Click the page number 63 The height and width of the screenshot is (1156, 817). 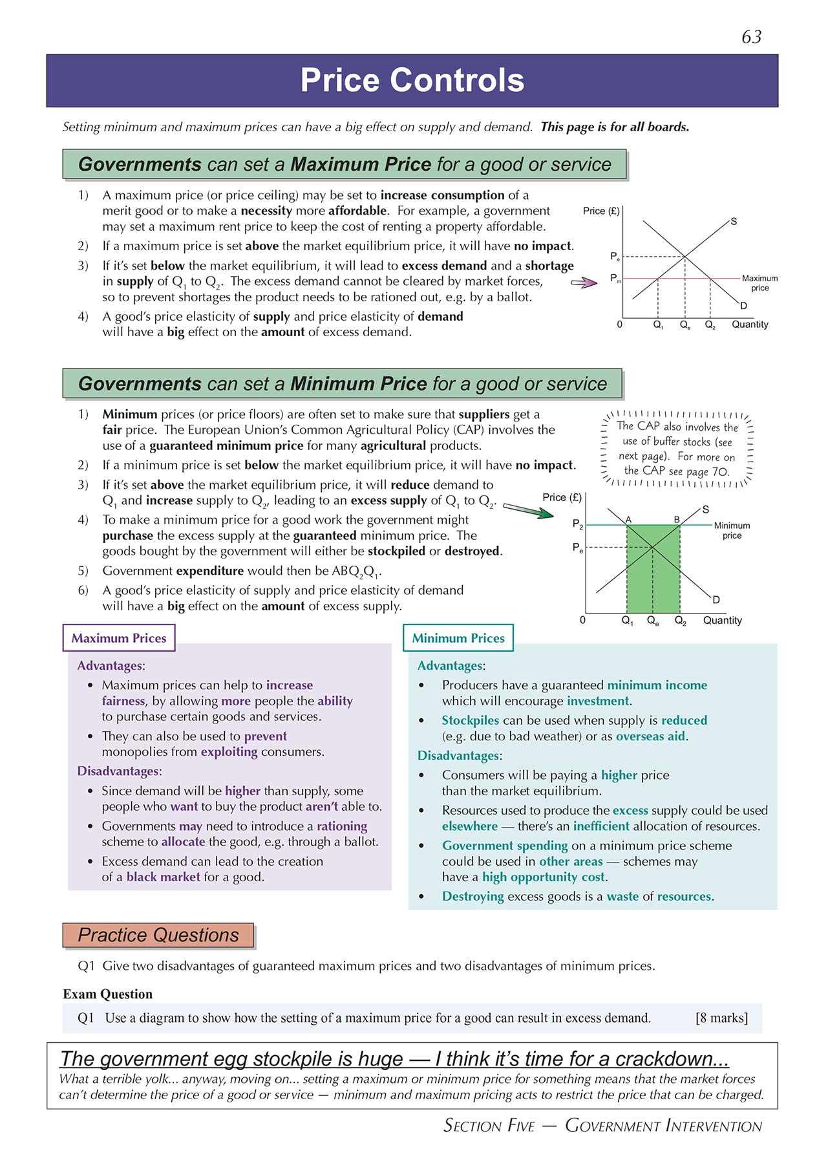[752, 37]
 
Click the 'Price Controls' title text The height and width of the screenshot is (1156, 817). [412, 81]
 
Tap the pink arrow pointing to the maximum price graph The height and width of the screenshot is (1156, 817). [584, 283]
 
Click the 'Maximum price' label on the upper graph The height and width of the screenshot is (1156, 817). [759, 283]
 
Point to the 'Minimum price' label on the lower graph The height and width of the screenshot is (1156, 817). [732, 530]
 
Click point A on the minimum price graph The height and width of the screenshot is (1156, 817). [628, 520]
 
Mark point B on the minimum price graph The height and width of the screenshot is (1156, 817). [677, 520]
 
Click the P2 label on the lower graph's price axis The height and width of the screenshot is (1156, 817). [578, 524]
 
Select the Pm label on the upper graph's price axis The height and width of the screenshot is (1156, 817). [615, 278]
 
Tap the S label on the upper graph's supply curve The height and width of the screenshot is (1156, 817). [734, 222]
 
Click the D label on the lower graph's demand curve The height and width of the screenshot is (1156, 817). [716, 600]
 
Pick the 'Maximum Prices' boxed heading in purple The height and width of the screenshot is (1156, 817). [119, 638]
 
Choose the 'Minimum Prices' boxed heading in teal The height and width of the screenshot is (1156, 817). [458, 638]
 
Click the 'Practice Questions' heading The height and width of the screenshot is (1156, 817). [158, 936]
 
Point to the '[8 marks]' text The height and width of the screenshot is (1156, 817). [721, 1018]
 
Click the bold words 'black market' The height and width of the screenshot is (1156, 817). [164, 877]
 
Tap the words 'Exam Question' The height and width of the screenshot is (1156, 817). [108, 994]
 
